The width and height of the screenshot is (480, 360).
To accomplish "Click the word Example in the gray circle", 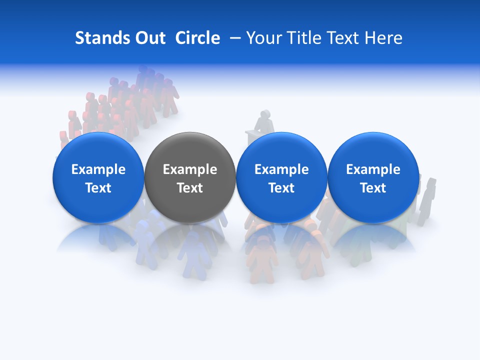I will click(190, 169).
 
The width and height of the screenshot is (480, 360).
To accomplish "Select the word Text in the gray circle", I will click(190, 188).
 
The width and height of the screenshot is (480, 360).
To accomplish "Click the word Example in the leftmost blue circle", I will click(98, 169).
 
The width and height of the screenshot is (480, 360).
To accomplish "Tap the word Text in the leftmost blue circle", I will click(98, 188).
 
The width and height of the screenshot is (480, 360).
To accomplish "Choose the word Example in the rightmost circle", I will click(373, 169).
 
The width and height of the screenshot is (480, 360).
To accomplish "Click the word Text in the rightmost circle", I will click(373, 188).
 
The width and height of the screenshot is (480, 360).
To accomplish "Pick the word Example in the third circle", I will click(281, 169).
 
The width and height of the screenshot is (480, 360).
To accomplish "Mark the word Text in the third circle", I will click(281, 188).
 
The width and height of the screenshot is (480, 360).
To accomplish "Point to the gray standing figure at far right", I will click(428, 195).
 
